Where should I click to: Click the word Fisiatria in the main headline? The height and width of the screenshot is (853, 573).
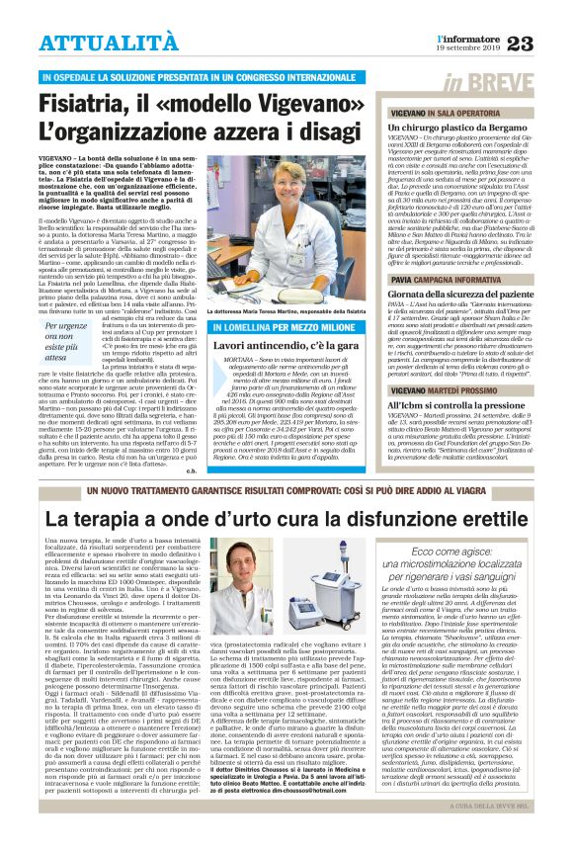(88, 104)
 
